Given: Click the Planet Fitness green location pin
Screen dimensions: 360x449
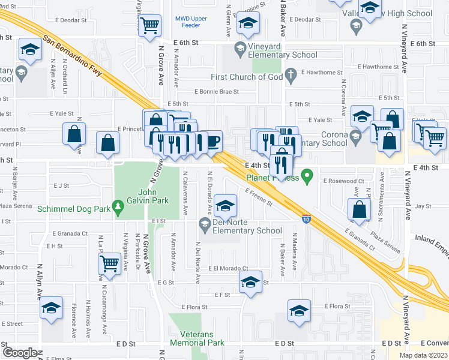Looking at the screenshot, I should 308,177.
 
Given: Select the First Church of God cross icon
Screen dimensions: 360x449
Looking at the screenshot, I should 291,76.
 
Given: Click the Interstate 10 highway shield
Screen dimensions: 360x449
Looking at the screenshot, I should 306,219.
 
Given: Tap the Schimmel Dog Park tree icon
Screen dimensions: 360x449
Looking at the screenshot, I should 118,209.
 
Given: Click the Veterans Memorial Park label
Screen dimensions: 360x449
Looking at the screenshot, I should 197,338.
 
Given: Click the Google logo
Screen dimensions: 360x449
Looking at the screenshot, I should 20,352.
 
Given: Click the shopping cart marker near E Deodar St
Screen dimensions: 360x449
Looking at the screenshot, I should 149,25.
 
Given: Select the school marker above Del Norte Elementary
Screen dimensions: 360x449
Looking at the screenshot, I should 225,206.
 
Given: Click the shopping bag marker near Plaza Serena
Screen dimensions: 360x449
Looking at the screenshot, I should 359,209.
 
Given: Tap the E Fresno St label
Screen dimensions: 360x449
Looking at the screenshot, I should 259,197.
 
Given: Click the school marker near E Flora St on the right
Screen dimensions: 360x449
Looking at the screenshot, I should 299,311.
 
